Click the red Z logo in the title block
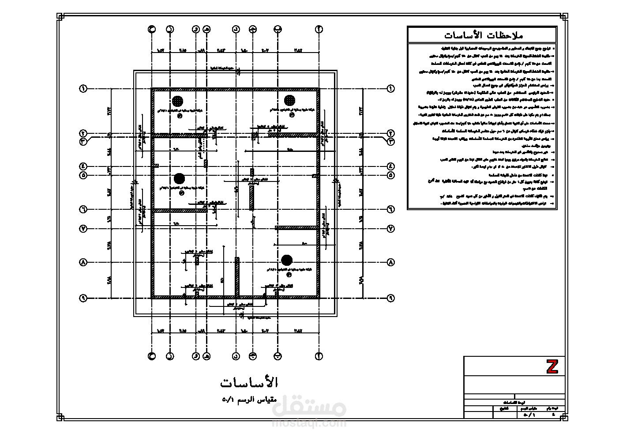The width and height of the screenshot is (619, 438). (552, 366)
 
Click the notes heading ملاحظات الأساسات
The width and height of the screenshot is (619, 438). (482, 35)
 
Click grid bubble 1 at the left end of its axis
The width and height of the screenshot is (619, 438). (83, 89)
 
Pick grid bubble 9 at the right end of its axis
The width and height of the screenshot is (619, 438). (390, 298)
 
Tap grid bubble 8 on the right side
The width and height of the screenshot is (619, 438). (390, 262)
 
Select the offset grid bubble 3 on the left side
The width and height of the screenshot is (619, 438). (83, 142)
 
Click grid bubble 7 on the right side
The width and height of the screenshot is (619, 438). (390, 229)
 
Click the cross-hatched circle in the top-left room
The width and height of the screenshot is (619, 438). (177, 101)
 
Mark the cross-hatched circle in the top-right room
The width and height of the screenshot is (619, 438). (289, 100)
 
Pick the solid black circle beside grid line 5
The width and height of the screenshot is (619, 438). (179, 179)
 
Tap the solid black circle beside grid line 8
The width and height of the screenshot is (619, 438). (287, 260)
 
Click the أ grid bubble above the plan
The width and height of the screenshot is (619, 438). (319, 29)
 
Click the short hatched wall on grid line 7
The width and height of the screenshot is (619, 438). (296, 228)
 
